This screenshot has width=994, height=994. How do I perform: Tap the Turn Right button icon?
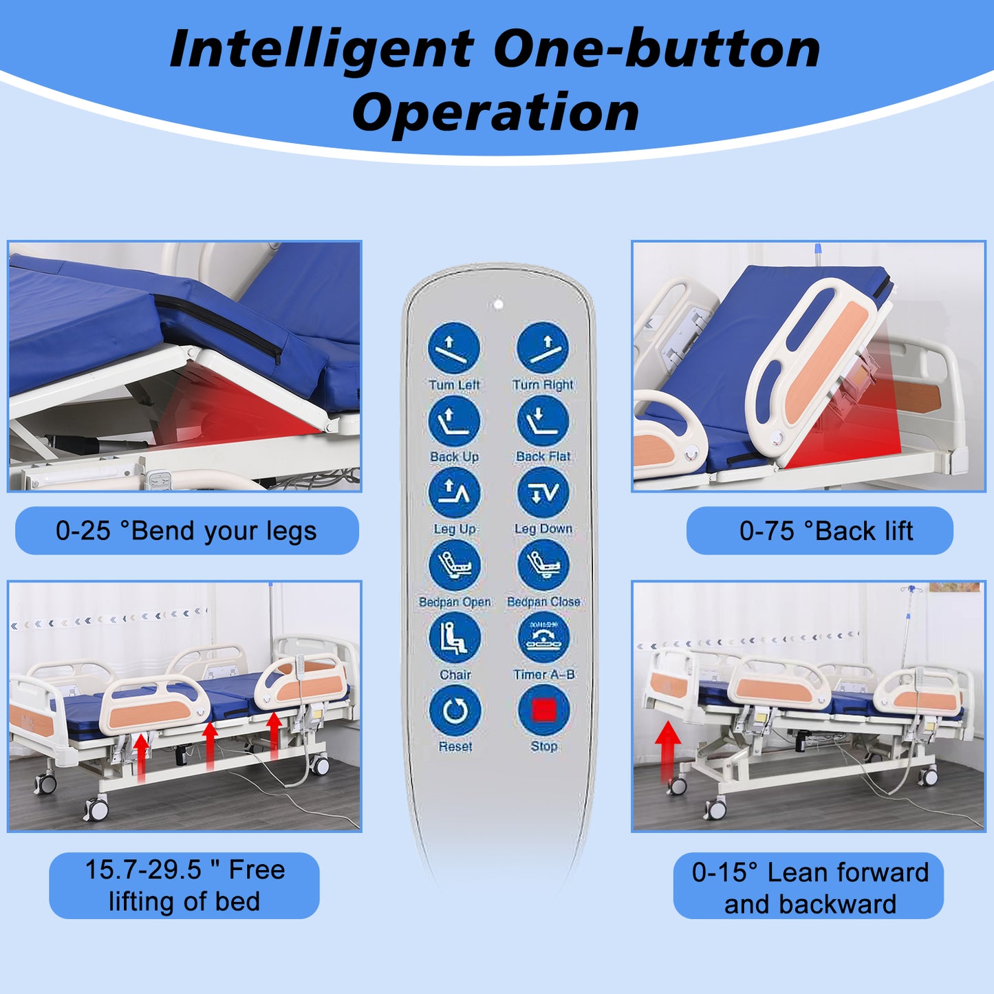pyautogui.click(x=543, y=347)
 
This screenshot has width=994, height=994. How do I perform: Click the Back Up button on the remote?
pyautogui.click(x=454, y=422)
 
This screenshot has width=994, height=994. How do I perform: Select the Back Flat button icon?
pyautogui.click(x=543, y=422)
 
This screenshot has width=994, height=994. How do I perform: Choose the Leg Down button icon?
pyautogui.click(x=543, y=493)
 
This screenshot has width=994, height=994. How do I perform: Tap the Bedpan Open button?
pyautogui.click(x=455, y=565)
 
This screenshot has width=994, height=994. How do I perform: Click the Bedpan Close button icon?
pyautogui.click(x=543, y=565)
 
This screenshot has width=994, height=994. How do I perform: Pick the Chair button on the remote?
pyautogui.click(x=455, y=638)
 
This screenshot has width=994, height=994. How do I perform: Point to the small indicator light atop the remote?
pyautogui.click(x=498, y=304)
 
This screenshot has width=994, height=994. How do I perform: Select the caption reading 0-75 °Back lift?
pyautogui.click(x=826, y=531)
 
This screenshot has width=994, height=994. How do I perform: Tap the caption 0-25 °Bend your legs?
pyautogui.click(x=186, y=531)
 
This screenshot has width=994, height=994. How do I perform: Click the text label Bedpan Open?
pyautogui.click(x=455, y=602)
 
